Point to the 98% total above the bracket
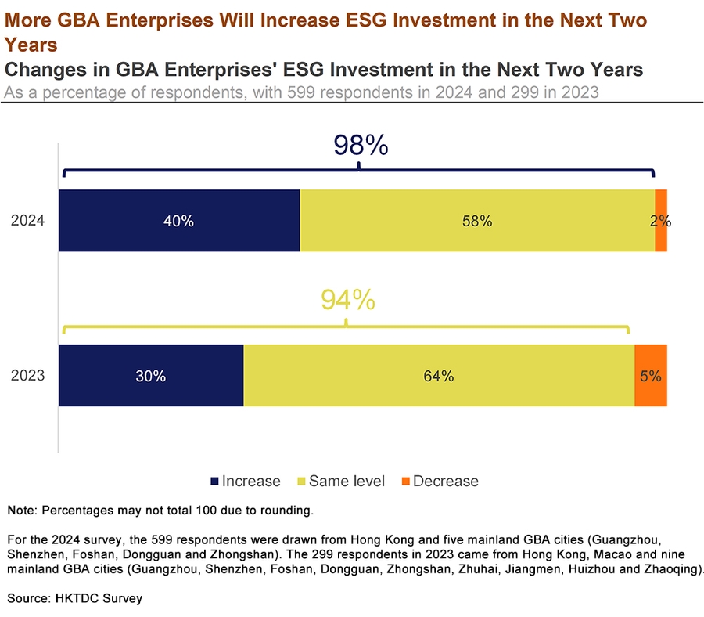click(361, 146)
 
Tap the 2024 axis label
click(28, 221)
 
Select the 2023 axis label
click(28, 376)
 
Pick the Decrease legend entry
click(438, 481)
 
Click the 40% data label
click(178, 222)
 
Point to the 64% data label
click(439, 377)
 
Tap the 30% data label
click(150, 377)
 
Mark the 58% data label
click(476, 222)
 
